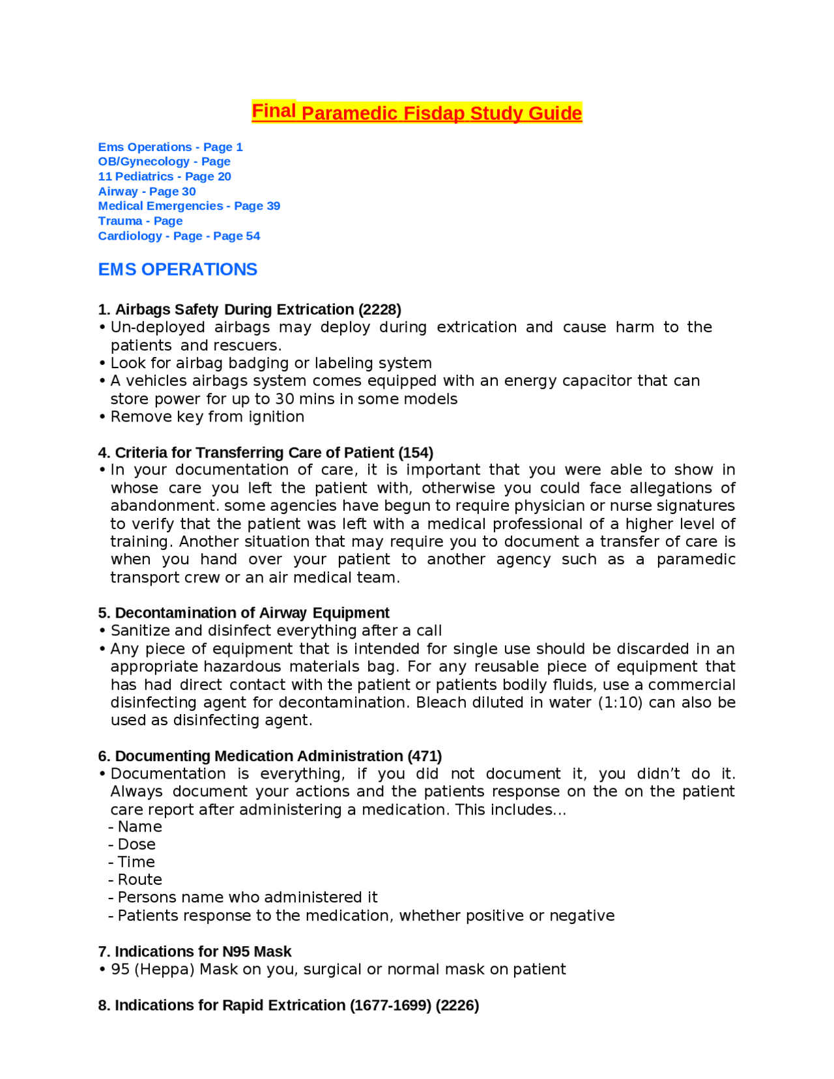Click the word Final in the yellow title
click(x=274, y=111)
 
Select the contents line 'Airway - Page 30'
click(x=147, y=192)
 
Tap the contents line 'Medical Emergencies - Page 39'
click(x=189, y=206)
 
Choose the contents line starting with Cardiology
click(x=179, y=236)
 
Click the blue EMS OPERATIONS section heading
click(x=177, y=270)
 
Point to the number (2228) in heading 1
click(x=379, y=309)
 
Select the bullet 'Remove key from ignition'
click(x=207, y=416)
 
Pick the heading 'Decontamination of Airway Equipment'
click(x=252, y=613)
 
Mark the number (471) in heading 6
click(x=424, y=756)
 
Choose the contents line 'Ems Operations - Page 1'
click(x=170, y=147)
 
